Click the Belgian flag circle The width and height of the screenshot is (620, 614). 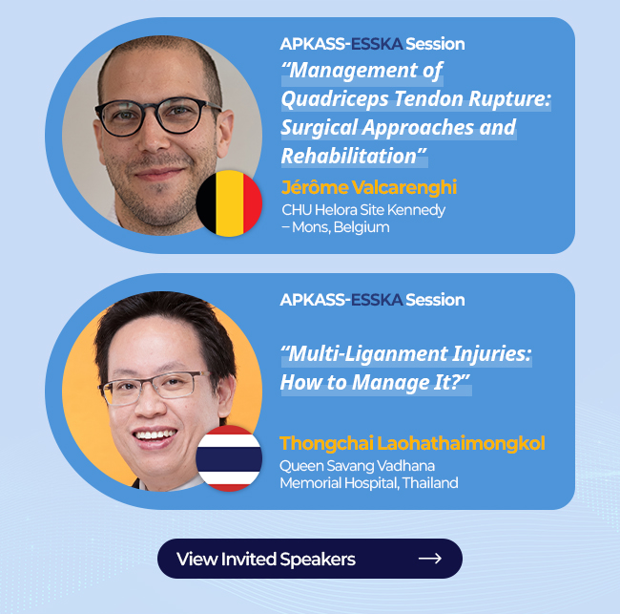(229, 203)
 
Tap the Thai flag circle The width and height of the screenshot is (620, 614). (229, 458)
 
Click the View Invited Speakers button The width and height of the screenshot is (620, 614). (310, 559)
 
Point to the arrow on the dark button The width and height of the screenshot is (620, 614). (430, 559)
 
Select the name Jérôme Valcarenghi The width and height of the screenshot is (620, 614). (369, 187)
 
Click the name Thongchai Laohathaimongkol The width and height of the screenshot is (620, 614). (412, 443)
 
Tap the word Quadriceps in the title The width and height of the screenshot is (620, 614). (335, 99)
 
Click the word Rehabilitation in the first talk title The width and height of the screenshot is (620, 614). (349, 156)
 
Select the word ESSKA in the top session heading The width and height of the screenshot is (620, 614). (377, 44)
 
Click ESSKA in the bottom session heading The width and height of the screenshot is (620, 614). (377, 300)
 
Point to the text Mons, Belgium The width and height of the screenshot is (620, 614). (341, 227)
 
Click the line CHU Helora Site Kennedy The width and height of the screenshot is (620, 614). (363, 210)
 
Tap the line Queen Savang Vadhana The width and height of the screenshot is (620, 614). (358, 466)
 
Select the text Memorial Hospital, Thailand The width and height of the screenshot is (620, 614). (369, 483)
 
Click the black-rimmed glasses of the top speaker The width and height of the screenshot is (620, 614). (158, 116)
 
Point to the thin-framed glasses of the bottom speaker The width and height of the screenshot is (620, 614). (155, 387)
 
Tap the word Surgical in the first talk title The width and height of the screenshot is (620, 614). (320, 127)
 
